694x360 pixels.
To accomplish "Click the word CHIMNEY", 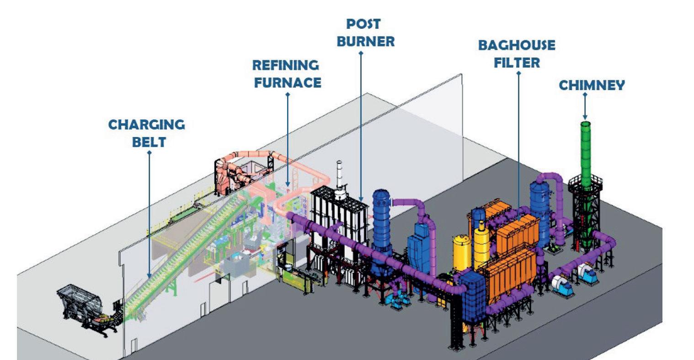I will [592, 85].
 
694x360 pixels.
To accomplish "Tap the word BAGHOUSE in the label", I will [517, 46].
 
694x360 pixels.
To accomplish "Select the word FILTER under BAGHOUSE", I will [517, 63].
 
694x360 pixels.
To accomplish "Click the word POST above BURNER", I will [363, 23].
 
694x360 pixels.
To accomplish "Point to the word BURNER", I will [365, 42].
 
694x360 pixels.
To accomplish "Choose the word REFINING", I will [286, 65].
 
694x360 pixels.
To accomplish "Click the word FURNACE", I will [288, 83].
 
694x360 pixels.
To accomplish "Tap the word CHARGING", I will [146, 124].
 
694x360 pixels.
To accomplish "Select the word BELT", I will [149, 142].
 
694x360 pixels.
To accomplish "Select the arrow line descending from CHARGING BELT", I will [149, 215].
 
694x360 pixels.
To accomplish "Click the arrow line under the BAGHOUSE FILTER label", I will [518, 137].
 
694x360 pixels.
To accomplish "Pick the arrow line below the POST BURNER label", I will [361, 123].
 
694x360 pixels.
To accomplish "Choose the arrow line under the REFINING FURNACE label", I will [288, 137].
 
